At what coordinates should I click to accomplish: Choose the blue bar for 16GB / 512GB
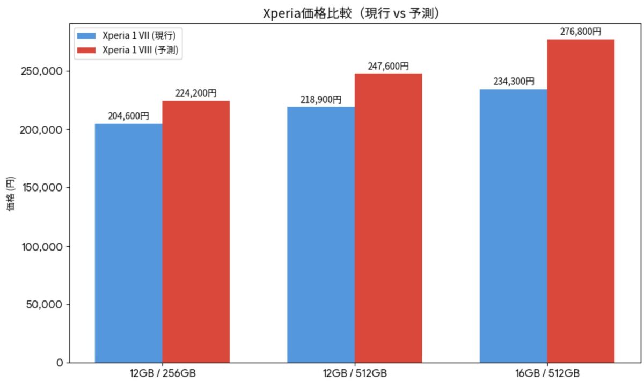[513, 226]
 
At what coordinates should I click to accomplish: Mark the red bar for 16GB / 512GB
[581, 201]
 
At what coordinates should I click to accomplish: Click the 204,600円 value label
[129, 115]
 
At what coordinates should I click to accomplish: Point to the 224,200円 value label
[196, 93]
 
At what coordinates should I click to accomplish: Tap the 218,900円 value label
[321, 99]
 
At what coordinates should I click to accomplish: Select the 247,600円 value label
[388, 66]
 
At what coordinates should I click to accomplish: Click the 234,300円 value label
[513, 82]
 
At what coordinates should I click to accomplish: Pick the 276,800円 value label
[581, 32]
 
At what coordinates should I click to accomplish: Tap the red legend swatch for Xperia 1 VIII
[87, 50]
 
